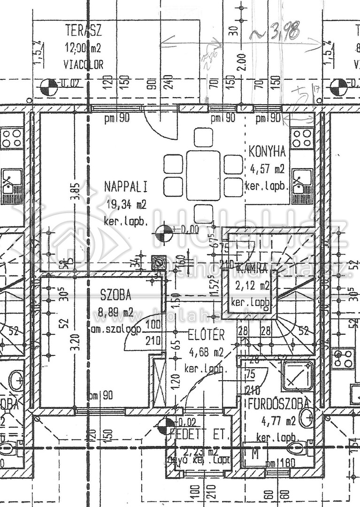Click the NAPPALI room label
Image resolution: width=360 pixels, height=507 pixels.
click(x=125, y=187)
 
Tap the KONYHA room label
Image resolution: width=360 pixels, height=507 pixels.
click(x=267, y=151)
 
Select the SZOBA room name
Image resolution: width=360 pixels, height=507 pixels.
click(x=115, y=295)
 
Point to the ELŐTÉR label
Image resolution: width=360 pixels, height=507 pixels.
click(x=206, y=335)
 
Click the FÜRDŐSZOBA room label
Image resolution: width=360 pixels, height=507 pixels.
click(x=278, y=403)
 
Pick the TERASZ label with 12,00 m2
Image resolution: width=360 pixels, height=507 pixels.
click(x=83, y=32)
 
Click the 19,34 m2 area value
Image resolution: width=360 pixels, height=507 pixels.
click(x=125, y=204)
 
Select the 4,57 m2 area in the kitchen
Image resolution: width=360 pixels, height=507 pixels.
click(x=267, y=168)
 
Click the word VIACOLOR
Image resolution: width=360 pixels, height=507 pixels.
click(x=83, y=64)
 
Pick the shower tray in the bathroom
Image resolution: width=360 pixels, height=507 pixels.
click(x=298, y=376)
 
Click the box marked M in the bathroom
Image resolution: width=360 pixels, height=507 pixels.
click(x=255, y=455)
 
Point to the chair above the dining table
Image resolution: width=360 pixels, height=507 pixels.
click(x=203, y=137)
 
